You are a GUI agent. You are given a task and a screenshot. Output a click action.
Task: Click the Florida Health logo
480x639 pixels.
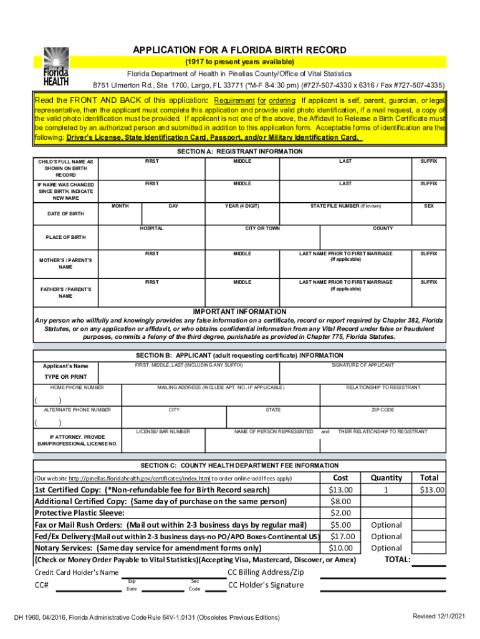[x=55, y=67]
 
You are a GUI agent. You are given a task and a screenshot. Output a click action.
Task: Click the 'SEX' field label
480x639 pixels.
[x=428, y=206]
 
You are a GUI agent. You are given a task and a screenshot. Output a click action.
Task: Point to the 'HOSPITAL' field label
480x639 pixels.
[x=151, y=228]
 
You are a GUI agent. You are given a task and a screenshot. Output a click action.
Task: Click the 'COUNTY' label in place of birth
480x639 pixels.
[x=383, y=228]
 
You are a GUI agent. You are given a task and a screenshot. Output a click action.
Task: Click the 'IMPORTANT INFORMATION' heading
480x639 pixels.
[x=239, y=311]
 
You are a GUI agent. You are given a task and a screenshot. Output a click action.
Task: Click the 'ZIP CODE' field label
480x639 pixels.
[x=383, y=410]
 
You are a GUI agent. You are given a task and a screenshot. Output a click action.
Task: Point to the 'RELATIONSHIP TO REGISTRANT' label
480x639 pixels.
[x=383, y=388]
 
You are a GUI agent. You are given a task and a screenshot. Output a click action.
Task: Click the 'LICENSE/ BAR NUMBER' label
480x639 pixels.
[x=163, y=431]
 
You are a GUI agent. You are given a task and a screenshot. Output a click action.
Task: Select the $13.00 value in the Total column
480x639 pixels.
[x=432, y=490]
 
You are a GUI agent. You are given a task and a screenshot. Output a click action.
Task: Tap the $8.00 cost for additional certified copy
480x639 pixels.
[x=341, y=501]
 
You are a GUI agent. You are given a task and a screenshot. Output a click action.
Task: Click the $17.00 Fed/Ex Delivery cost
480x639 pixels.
[x=341, y=536]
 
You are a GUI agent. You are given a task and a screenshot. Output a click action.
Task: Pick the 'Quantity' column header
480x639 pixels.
[x=386, y=477]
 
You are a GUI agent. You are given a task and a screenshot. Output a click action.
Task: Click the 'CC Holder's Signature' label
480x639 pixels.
[x=266, y=585]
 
